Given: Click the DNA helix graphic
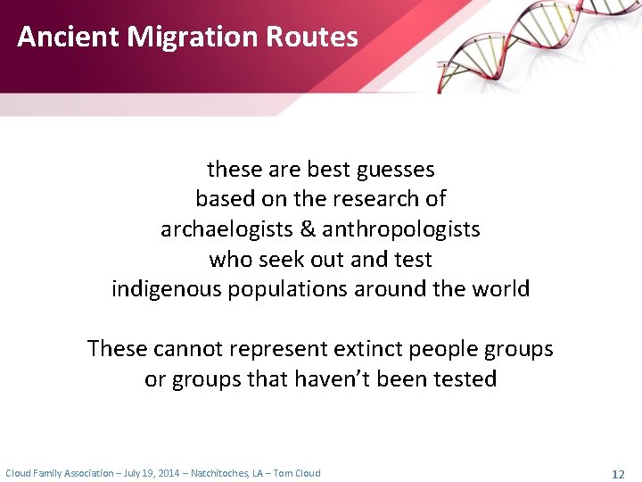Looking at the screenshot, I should [x=535, y=45].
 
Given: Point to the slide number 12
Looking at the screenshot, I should [x=618, y=473].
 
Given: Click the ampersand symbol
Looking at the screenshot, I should [x=308, y=229].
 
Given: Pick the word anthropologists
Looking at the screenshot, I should [x=401, y=229].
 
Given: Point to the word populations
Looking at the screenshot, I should [x=291, y=289].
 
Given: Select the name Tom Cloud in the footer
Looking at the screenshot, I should [x=296, y=473].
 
